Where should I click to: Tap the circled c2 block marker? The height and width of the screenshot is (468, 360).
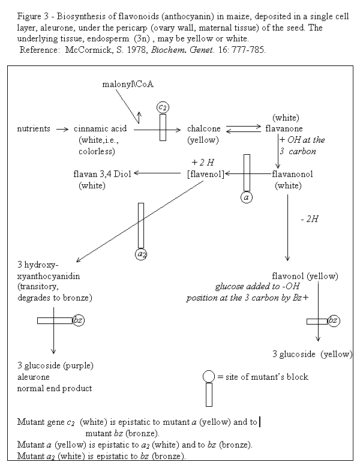(x=163, y=107)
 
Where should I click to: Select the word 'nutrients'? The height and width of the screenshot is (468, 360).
(x=34, y=129)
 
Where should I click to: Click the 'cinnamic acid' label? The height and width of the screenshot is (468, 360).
(x=98, y=129)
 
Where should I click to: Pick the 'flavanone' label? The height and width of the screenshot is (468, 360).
(x=284, y=129)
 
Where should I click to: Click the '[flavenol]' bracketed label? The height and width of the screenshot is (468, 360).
(x=206, y=174)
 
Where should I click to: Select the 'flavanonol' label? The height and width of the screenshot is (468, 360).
(x=292, y=174)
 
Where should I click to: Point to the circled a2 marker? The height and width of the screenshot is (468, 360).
(x=141, y=254)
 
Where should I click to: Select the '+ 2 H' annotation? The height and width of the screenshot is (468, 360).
(x=203, y=163)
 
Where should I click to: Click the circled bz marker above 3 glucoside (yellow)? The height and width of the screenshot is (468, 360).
(x=334, y=321)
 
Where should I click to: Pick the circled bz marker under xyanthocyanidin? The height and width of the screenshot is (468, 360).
(x=78, y=320)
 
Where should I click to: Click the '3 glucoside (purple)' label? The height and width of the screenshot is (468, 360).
(x=56, y=365)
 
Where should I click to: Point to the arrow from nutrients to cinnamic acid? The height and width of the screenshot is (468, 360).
(x=61, y=129)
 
